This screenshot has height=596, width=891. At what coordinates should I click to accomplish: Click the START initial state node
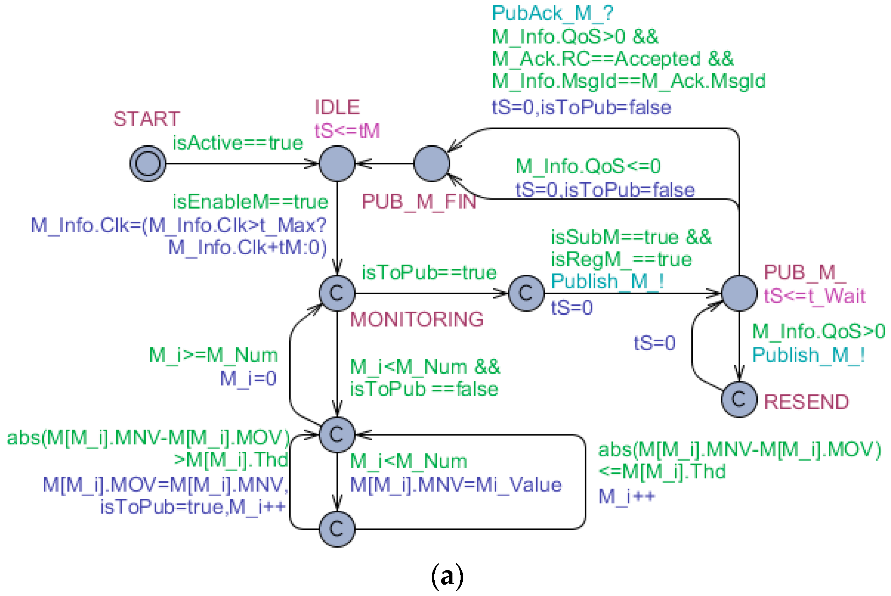[x=147, y=163]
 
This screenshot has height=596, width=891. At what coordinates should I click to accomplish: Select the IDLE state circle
[x=337, y=163]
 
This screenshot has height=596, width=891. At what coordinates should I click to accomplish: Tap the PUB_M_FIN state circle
[x=431, y=163]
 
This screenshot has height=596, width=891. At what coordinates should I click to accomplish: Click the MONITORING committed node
[x=337, y=293]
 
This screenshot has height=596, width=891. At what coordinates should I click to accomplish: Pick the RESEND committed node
[x=739, y=399]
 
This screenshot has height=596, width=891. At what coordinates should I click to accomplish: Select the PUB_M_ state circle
[x=739, y=293]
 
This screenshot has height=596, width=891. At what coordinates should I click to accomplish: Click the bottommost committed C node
[x=337, y=529]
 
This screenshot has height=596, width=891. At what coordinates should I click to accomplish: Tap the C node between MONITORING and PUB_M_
[x=526, y=293]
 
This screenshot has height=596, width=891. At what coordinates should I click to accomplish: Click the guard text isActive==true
[x=237, y=143]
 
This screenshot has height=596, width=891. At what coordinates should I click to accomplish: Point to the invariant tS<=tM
[x=347, y=131]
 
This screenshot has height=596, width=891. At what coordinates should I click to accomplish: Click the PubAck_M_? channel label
[x=552, y=13]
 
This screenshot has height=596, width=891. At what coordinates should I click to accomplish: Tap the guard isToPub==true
[x=429, y=273]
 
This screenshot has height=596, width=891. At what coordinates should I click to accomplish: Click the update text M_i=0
[x=248, y=379]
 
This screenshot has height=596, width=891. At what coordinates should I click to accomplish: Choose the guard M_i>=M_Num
[x=213, y=356]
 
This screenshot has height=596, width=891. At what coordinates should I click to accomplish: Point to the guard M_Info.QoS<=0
[x=587, y=167]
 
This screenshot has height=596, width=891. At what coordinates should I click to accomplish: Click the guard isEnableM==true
[x=250, y=202]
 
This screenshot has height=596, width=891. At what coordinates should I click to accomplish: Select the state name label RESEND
[x=806, y=402]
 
